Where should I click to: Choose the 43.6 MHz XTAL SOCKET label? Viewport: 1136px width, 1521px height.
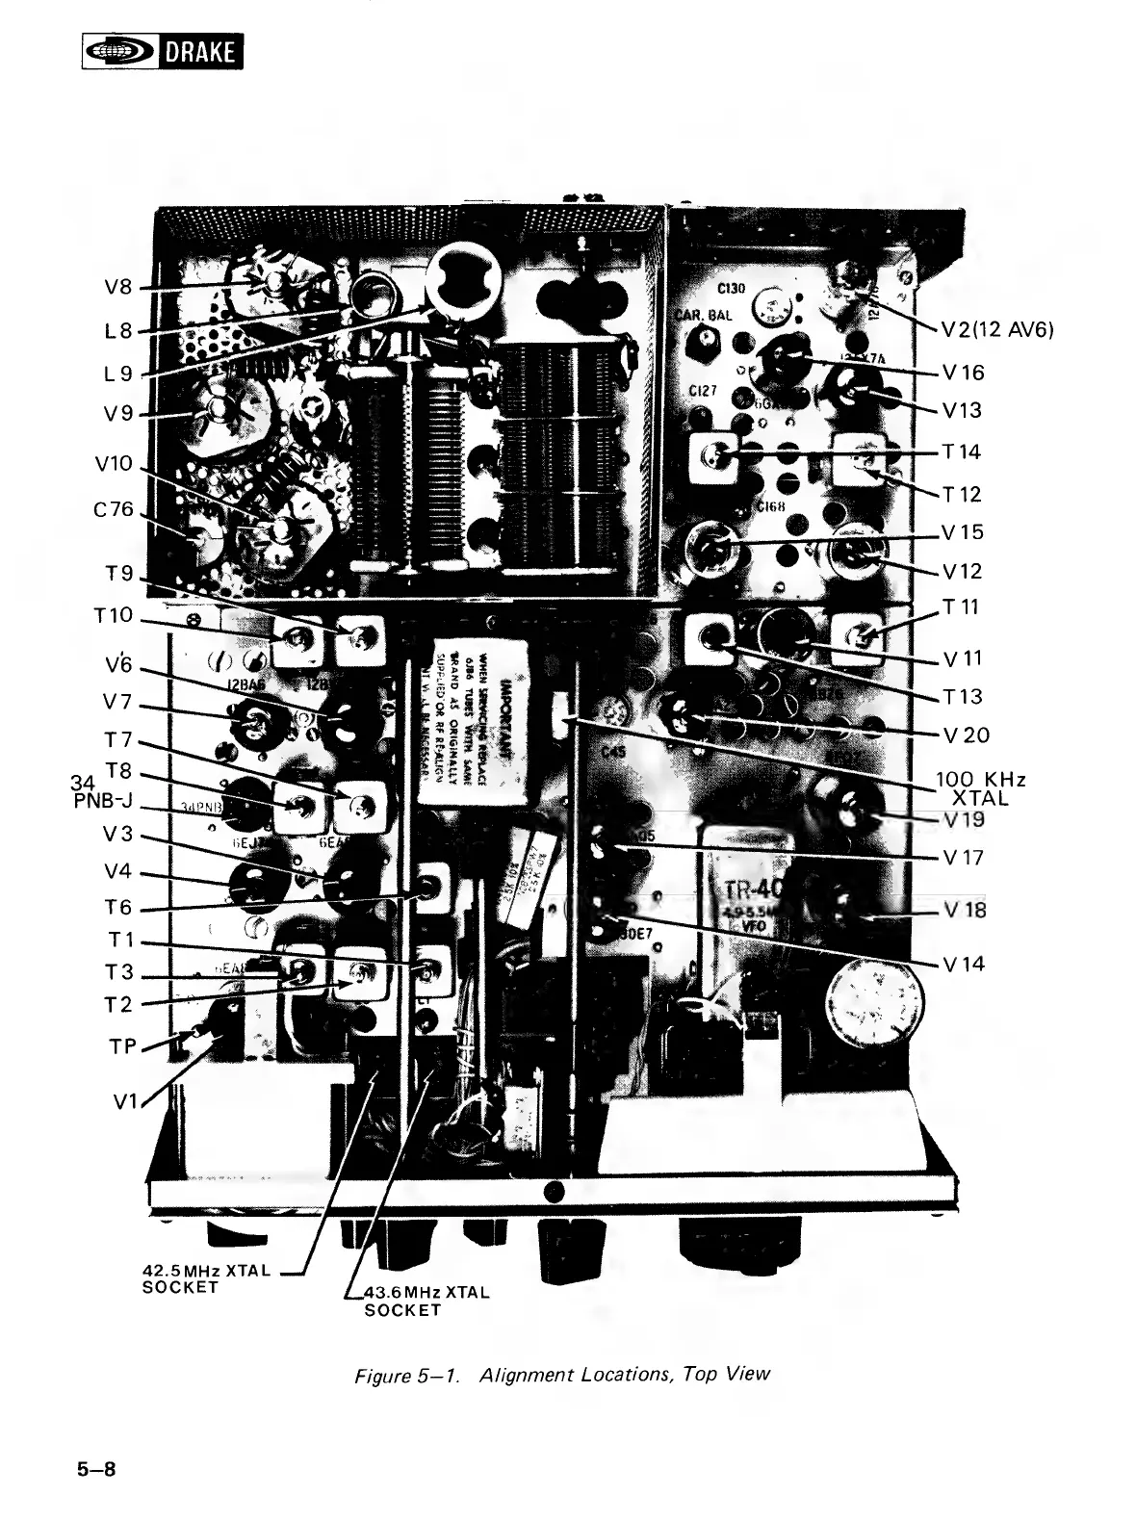(x=426, y=1301)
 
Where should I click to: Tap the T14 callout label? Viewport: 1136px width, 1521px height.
(x=962, y=451)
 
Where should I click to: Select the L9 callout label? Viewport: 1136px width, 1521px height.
(x=119, y=373)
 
